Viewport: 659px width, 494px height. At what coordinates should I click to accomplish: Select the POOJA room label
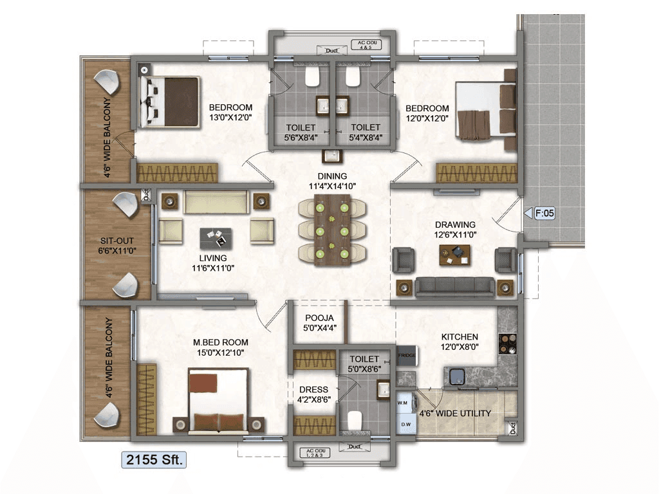pos(319,318)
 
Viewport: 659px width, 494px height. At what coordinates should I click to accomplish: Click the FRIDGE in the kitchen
pos(406,355)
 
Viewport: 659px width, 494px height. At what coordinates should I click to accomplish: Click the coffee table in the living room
pos(217,238)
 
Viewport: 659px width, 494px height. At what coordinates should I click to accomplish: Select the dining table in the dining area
pos(331,230)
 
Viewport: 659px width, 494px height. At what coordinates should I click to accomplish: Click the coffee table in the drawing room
pos(454,255)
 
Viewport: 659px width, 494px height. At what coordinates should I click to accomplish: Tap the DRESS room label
pos(313,390)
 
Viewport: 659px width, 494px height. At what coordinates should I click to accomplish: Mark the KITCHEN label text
pos(459,337)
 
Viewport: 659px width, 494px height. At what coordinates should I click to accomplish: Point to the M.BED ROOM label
pos(221,342)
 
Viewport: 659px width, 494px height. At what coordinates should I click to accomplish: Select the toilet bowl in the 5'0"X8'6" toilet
pos(356,421)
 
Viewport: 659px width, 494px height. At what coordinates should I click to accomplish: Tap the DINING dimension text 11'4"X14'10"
pos(331,187)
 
